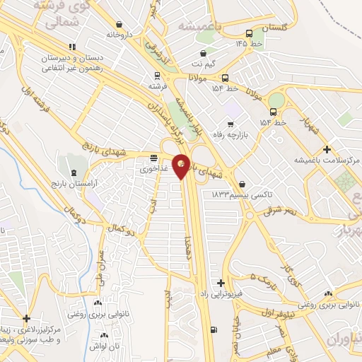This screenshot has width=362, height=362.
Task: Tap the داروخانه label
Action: click(x=119, y=34)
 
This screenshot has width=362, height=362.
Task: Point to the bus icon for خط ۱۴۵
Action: click(x=249, y=34)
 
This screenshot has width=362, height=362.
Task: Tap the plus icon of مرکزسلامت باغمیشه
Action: click(x=326, y=149)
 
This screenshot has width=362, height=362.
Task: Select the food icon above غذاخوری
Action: click(x=154, y=157)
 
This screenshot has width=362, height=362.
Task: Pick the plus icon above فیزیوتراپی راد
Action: click(x=222, y=282)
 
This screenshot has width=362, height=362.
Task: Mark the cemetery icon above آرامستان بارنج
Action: click(x=75, y=172)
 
